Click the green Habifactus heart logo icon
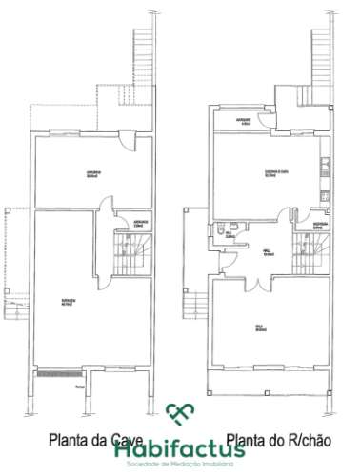point(179,413)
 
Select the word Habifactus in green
point(180,437)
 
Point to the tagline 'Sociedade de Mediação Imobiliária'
point(180,453)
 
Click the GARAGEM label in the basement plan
point(66,302)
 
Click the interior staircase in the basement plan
point(127,257)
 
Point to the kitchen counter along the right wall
point(327,171)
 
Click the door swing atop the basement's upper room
point(127,143)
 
